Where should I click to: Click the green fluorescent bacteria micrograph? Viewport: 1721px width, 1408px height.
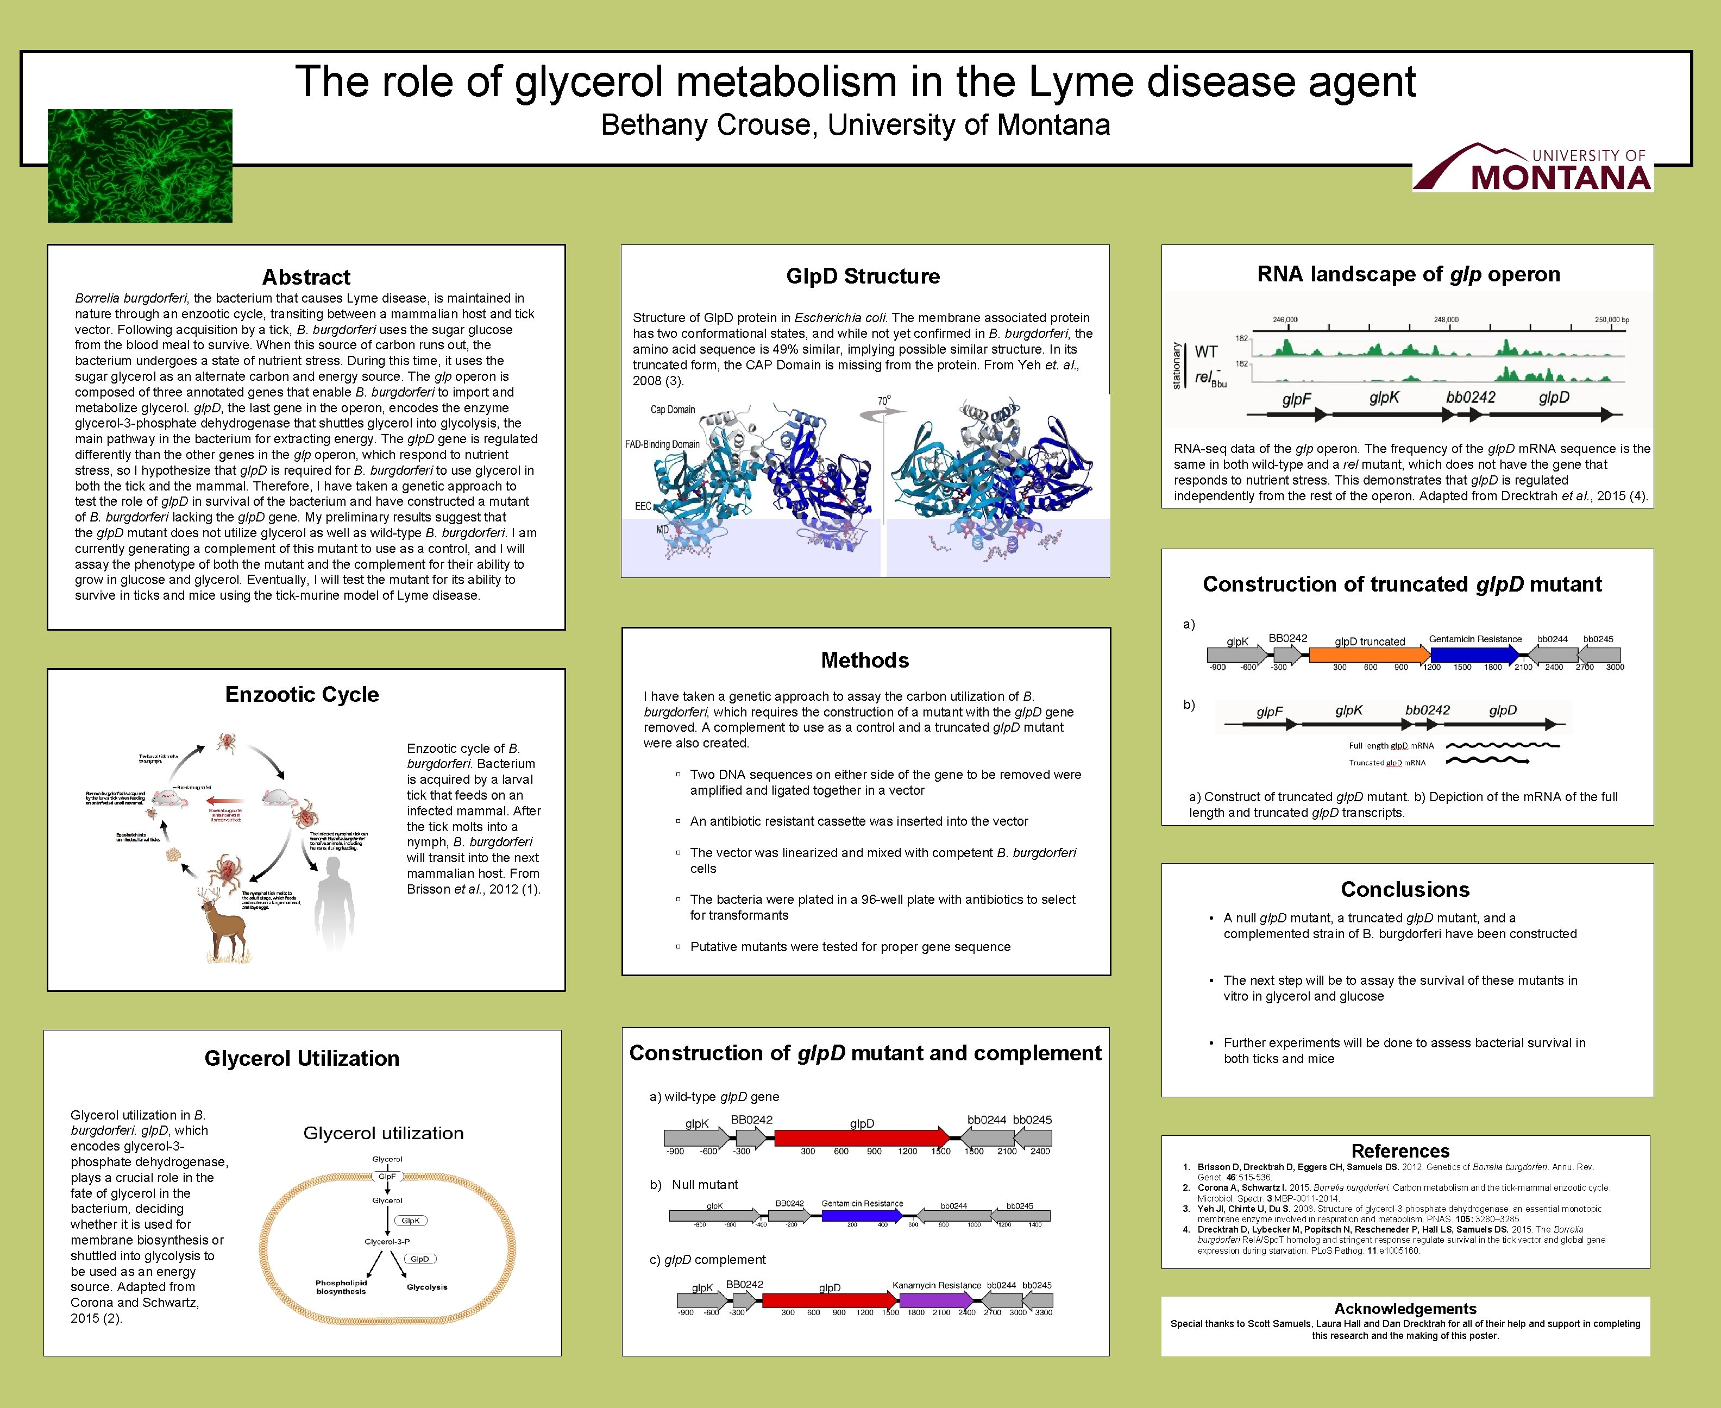pyautogui.click(x=140, y=166)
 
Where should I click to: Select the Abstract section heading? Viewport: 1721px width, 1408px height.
pyautogui.click(x=306, y=278)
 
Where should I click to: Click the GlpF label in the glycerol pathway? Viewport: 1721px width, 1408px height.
pyautogui.click(x=387, y=1176)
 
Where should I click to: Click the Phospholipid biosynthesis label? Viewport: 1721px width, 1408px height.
pyautogui.click(x=342, y=1287)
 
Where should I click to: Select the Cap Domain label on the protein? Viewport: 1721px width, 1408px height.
pyautogui.click(x=673, y=410)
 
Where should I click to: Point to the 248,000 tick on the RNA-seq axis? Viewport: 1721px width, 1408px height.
pyautogui.click(x=1445, y=319)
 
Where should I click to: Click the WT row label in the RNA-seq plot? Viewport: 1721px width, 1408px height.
pyautogui.click(x=1206, y=352)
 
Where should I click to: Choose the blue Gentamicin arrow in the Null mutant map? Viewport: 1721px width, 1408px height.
pyautogui.click(x=861, y=1216)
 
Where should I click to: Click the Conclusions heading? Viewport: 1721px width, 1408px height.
pyautogui.click(x=1405, y=890)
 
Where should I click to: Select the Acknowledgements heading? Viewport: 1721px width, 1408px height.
pyautogui.click(x=1405, y=1309)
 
